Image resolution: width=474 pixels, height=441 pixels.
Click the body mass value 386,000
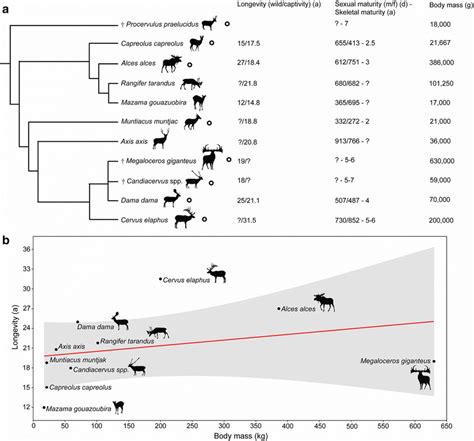441,63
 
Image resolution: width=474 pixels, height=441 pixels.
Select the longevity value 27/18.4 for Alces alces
248,63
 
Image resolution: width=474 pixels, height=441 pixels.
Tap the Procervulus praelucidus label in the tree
160,24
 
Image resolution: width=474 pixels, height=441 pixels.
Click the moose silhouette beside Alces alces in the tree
172,64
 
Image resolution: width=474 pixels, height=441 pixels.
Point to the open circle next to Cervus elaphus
205,219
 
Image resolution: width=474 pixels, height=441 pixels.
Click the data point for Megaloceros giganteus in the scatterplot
434,361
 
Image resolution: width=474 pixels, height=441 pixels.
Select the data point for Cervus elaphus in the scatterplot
160,279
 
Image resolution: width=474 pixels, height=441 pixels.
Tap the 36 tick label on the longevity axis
27,249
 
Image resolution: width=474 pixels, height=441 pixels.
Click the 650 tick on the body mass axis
446,426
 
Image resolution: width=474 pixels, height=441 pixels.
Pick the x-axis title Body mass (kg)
241,436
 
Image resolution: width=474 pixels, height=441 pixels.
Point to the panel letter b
6,240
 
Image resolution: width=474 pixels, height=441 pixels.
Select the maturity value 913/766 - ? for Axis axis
352,141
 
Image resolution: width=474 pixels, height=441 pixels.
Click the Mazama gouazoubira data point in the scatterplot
44,407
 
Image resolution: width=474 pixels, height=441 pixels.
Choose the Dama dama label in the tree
139,201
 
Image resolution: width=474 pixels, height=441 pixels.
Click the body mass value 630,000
442,161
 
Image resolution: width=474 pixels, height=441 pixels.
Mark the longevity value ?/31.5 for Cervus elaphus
247,220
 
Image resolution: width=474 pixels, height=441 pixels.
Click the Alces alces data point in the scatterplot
279,309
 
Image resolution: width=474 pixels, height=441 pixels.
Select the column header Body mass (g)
451,5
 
